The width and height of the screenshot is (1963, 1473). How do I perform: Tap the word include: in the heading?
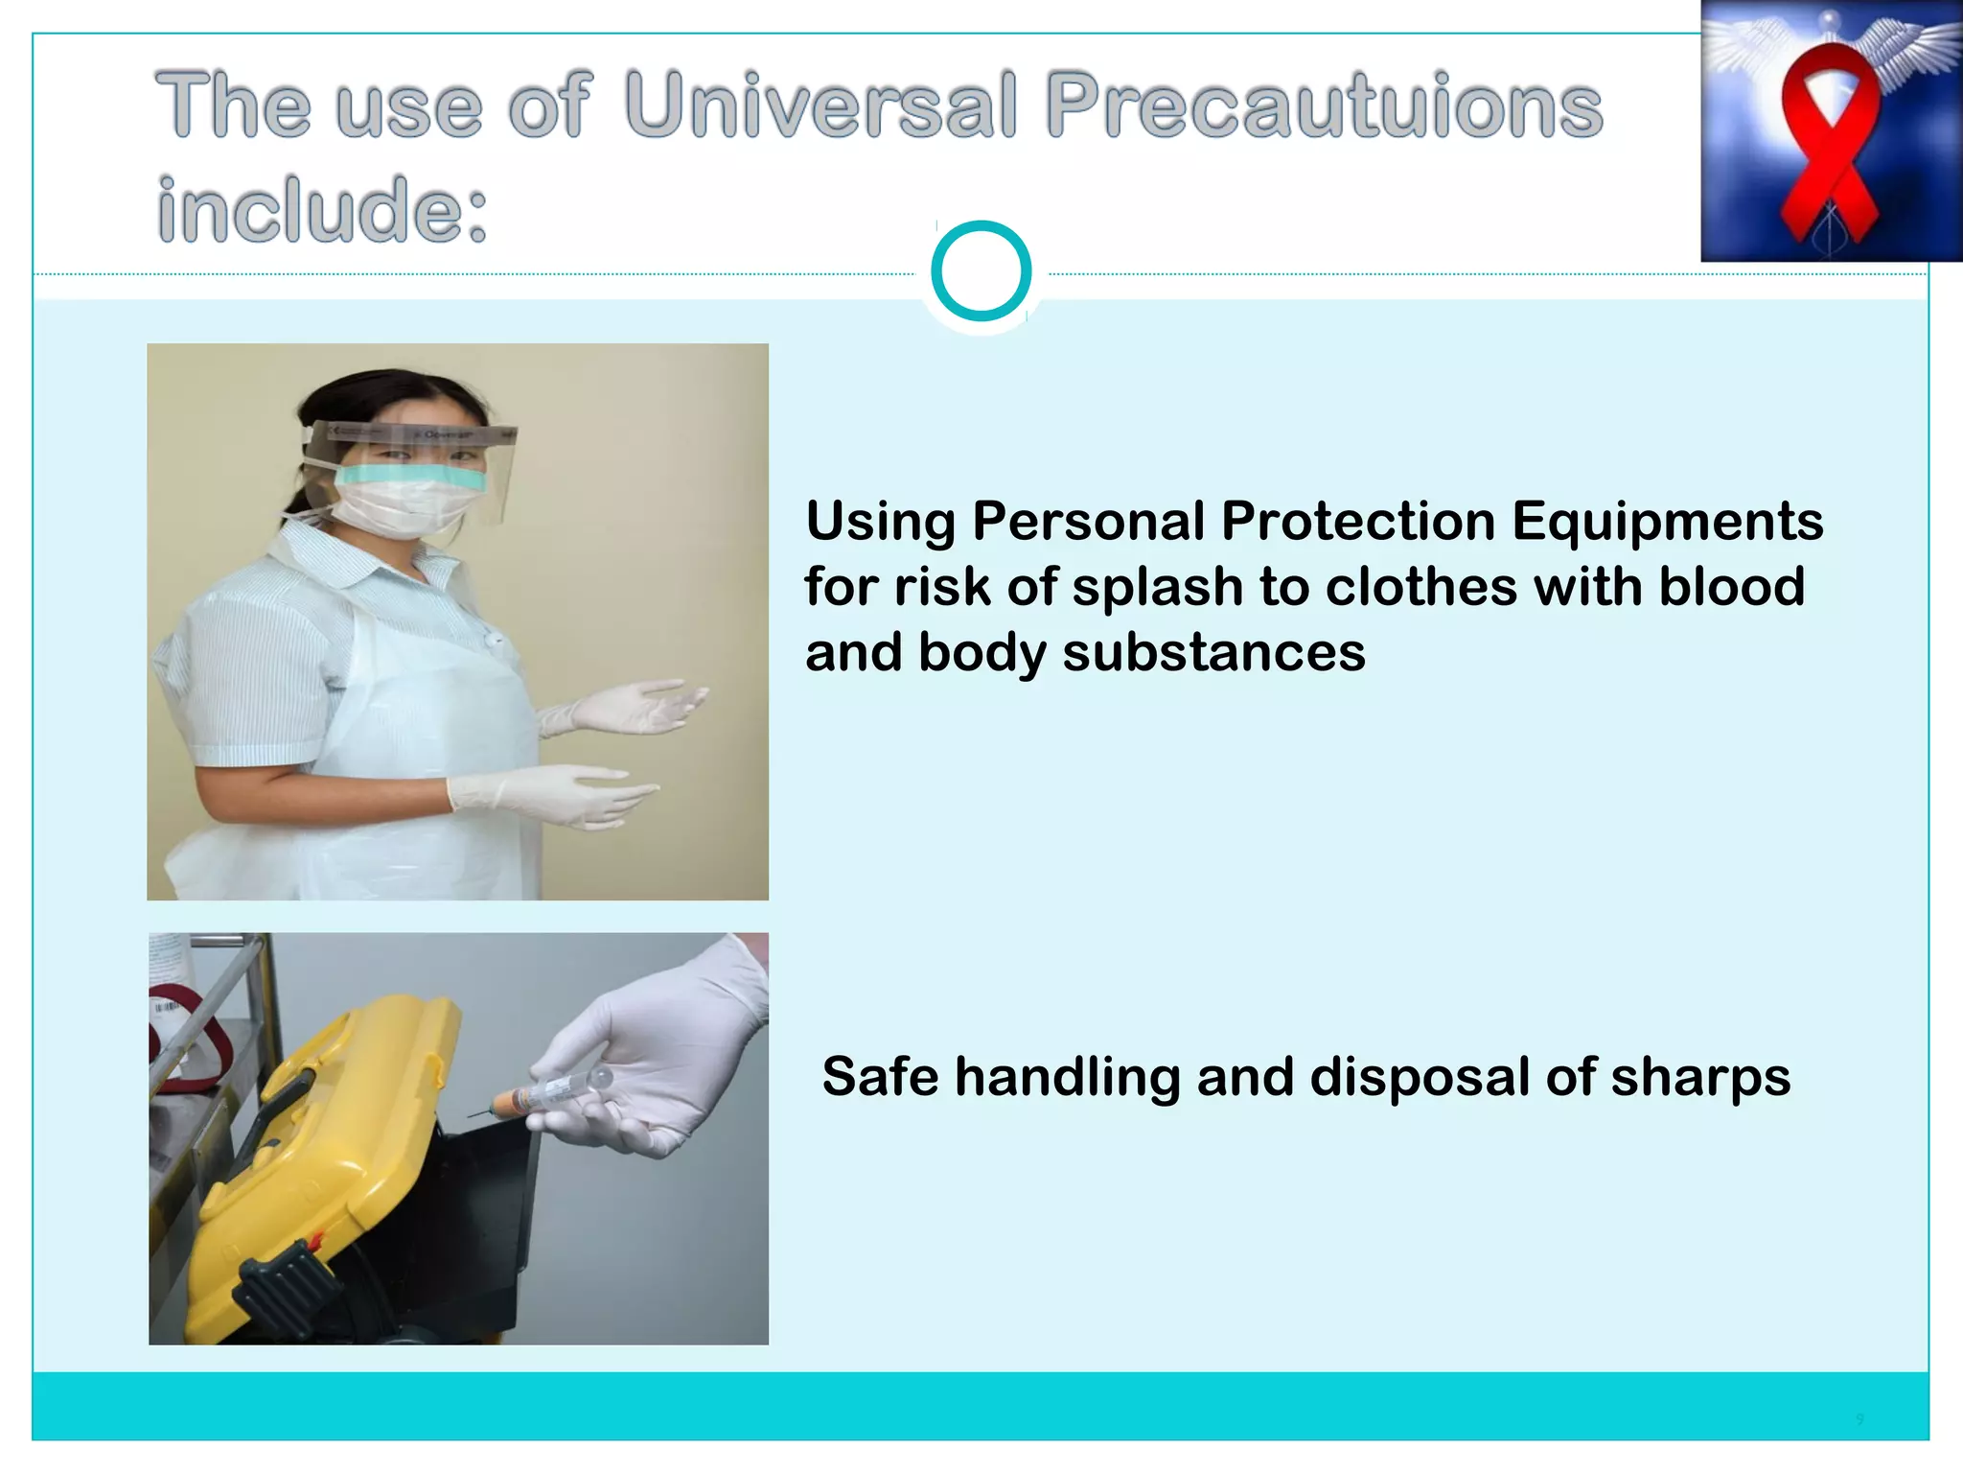(322, 210)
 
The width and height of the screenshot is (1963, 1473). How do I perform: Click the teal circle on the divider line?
(981, 271)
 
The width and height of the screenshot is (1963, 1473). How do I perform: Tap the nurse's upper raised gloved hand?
(628, 708)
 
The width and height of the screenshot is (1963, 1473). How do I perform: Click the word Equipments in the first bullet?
(1667, 522)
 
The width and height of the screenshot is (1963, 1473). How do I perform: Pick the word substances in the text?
(1212, 653)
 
